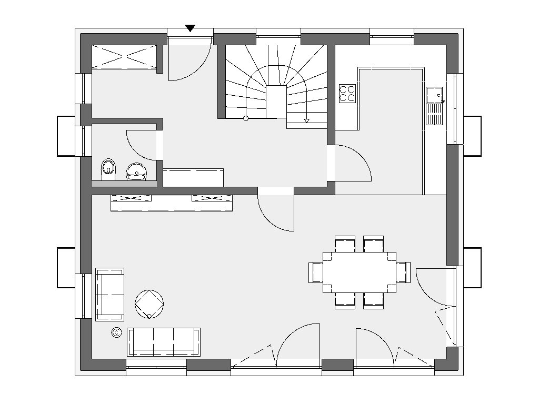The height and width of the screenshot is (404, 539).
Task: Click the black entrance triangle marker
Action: tap(191, 28)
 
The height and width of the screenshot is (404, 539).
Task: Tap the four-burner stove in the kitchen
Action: tap(347, 93)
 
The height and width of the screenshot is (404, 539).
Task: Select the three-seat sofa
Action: tap(164, 341)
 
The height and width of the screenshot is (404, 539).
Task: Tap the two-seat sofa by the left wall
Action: tap(109, 294)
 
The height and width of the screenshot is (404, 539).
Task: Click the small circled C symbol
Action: tap(116, 332)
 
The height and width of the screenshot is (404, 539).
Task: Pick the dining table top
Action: tap(359, 272)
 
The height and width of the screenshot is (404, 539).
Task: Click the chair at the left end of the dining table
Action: tap(316, 272)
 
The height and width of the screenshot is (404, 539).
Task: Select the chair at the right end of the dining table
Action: tap(403, 272)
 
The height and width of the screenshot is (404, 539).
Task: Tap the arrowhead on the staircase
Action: tap(307, 121)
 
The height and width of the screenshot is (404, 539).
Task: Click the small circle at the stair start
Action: tap(245, 118)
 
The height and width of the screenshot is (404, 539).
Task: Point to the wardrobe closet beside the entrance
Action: tap(125, 57)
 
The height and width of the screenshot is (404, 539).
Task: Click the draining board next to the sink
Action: tap(434, 114)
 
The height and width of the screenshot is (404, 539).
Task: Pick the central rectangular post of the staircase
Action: tap(276, 101)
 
